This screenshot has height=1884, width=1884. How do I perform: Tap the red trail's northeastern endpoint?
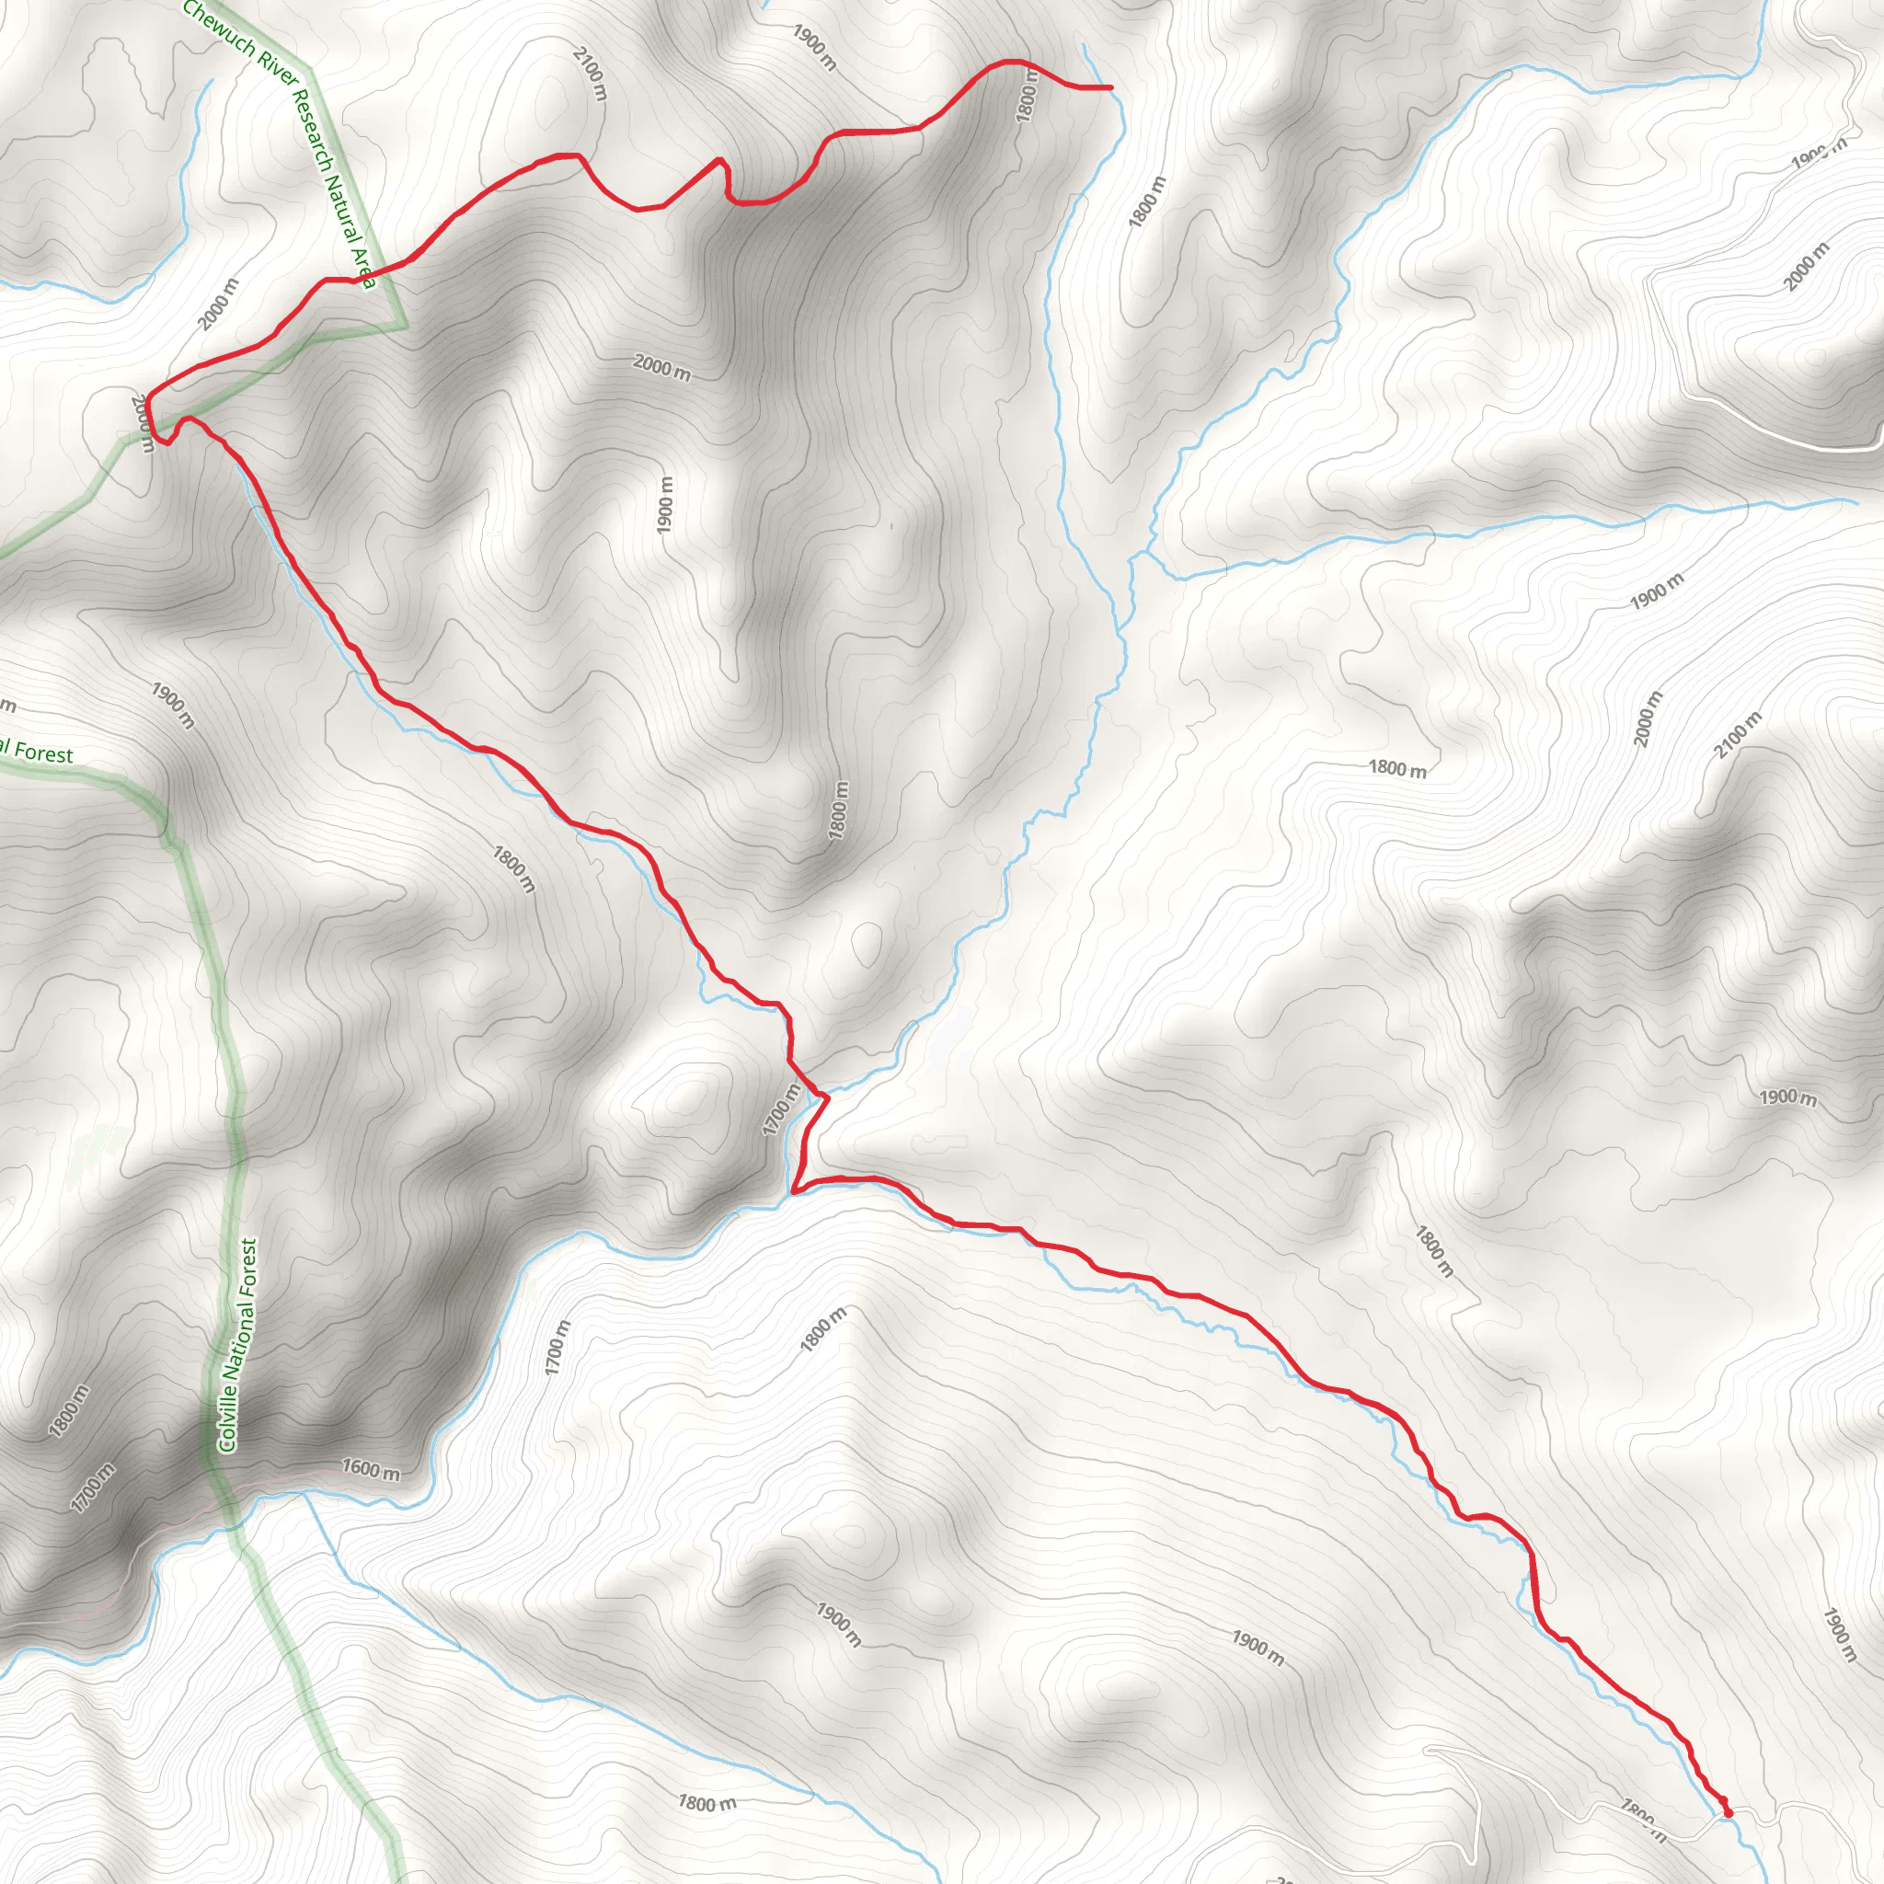pos(1111,87)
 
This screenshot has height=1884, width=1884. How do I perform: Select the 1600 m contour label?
pos(371,1468)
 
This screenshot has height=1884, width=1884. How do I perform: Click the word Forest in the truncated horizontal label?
pos(42,753)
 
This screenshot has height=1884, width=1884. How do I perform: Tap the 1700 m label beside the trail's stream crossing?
pos(782,1109)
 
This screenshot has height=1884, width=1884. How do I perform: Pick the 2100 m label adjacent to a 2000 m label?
pos(1738,734)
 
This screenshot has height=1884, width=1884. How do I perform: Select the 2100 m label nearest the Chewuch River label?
pos(590,74)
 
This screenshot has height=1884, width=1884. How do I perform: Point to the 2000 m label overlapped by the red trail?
pos(143,421)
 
